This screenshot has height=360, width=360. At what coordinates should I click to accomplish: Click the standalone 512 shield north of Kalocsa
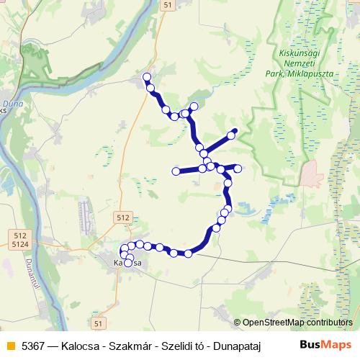pos(123,217)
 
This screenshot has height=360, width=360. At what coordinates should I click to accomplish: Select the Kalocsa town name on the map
pos(129,264)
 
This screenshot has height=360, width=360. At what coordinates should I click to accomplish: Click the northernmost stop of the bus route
pos(148,77)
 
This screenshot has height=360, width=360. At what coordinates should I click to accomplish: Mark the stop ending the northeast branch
pos(233,132)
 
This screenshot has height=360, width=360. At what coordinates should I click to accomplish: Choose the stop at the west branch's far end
pos(176,171)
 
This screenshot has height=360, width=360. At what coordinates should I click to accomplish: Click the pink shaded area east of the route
pos(312,173)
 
